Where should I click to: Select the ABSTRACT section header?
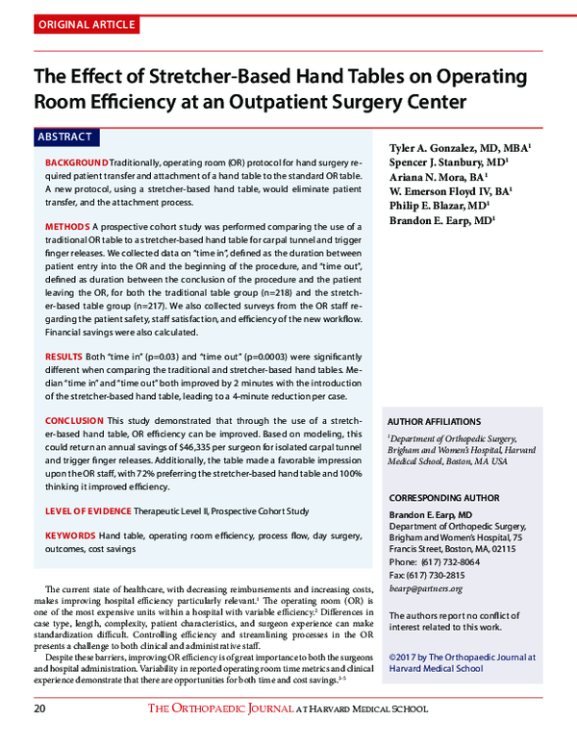[x=64, y=137]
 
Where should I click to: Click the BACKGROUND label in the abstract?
[x=77, y=164]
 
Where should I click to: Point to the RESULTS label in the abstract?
[x=64, y=356]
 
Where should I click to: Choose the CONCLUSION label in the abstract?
[x=74, y=421]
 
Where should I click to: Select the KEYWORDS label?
[x=69, y=535]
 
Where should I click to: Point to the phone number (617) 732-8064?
[x=448, y=561]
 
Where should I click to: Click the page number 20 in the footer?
[x=39, y=709]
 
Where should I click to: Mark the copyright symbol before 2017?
[x=392, y=659]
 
